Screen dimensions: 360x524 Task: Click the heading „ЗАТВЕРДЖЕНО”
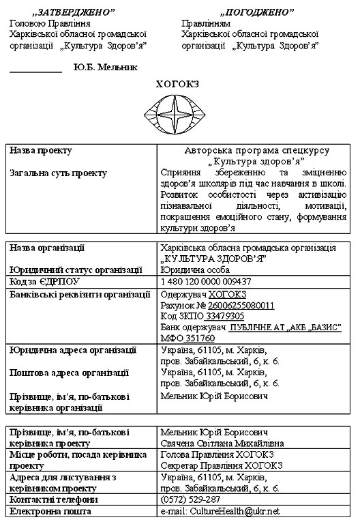[75, 12]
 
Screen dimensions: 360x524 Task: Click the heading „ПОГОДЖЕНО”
[257, 12]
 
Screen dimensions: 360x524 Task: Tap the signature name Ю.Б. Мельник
[105, 68]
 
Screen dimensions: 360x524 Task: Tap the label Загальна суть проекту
[58, 173]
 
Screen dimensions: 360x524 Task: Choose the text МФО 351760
[187, 338]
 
